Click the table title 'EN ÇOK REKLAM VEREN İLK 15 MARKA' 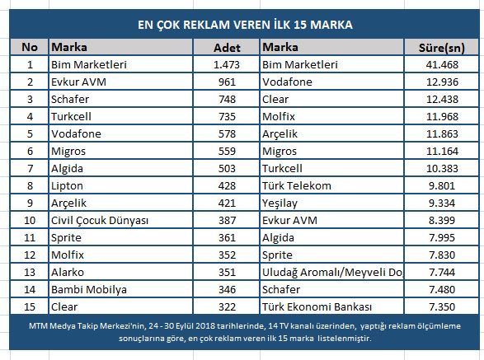[245, 25]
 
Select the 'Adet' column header [227, 48]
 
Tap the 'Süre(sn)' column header [442, 48]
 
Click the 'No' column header [30, 47]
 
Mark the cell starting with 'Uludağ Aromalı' [332, 272]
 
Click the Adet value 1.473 [227, 64]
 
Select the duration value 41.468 [442, 64]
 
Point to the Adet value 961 [227, 82]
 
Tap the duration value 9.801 [442, 185]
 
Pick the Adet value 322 [227, 306]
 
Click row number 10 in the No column [30, 220]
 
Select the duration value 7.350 [442, 306]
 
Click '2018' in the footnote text [205, 325]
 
